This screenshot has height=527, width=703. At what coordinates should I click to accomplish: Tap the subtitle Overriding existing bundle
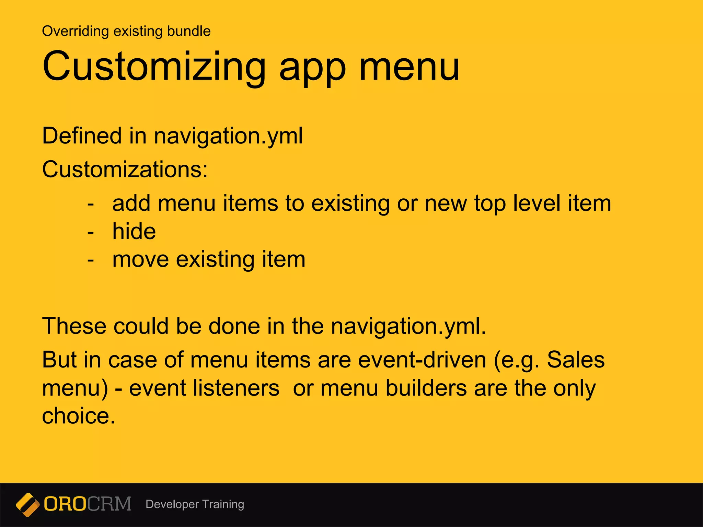[x=126, y=31]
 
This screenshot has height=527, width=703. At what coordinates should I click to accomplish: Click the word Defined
[x=82, y=136]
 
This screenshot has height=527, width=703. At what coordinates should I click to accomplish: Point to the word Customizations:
[x=125, y=169]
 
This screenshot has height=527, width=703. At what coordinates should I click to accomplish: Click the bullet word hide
[x=134, y=231]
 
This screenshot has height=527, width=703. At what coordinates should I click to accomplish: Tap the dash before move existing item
[x=91, y=260]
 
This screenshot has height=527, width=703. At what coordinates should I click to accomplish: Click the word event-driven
[x=422, y=360]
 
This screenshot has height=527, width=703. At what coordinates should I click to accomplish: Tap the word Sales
[x=576, y=360]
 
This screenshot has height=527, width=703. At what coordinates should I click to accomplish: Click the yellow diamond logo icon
[x=27, y=504]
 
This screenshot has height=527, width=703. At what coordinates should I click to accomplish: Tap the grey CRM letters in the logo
[x=109, y=504]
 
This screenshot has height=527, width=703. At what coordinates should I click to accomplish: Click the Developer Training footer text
[x=195, y=504]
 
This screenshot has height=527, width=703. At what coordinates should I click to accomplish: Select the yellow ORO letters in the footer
[x=65, y=504]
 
